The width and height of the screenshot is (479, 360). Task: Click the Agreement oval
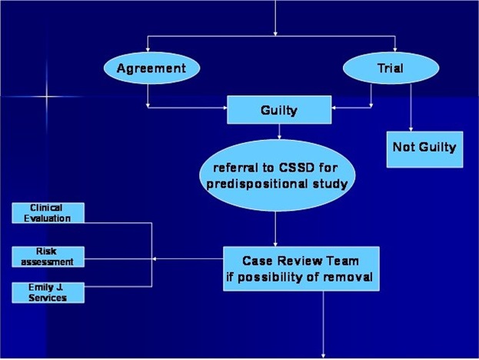click(151, 68)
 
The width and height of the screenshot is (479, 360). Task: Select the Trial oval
click(390, 68)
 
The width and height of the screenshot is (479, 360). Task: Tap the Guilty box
click(279, 110)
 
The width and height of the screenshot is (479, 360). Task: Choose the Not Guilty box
click(424, 147)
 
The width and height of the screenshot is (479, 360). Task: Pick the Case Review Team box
click(301, 268)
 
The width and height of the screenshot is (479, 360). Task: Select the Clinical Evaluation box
click(48, 213)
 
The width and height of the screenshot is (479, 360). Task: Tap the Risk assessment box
click(48, 256)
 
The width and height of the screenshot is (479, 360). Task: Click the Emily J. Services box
click(48, 292)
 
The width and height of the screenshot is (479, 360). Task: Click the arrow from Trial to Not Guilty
click(411, 108)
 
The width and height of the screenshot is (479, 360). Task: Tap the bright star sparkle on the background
click(46, 98)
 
